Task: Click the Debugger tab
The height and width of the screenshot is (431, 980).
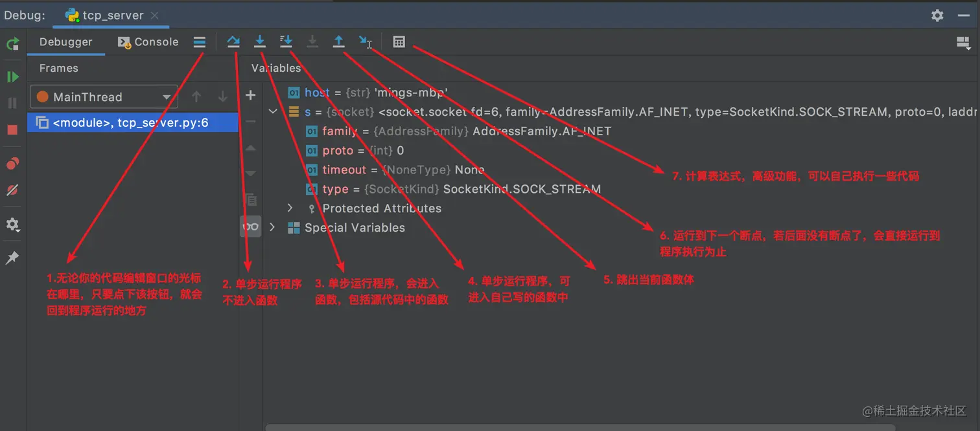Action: [x=65, y=42]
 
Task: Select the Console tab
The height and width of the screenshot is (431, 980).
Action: [x=148, y=42]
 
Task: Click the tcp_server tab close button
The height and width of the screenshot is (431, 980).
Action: [x=155, y=16]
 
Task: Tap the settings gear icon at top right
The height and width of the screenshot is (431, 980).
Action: [x=937, y=16]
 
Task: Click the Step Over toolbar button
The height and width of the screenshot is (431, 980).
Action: [x=233, y=42]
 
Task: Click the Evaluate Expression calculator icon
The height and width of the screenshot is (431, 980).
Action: [x=399, y=42]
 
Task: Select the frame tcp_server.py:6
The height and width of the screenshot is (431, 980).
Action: [x=130, y=122]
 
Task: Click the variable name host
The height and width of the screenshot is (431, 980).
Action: [x=317, y=93]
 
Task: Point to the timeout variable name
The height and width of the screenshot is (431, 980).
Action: [x=344, y=170]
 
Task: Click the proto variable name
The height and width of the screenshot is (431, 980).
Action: [x=338, y=150]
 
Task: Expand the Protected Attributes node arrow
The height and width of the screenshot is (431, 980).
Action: [x=290, y=208]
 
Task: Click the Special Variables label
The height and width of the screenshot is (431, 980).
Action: [x=355, y=228]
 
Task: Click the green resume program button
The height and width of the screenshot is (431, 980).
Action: [x=12, y=77]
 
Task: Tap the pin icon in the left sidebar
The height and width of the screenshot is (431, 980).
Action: [x=12, y=258]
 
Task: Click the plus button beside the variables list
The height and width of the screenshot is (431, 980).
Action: [x=251, y=96]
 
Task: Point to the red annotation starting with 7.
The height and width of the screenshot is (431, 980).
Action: [x=795, y=176]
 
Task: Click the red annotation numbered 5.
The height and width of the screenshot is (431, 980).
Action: [x=649, y=280]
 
